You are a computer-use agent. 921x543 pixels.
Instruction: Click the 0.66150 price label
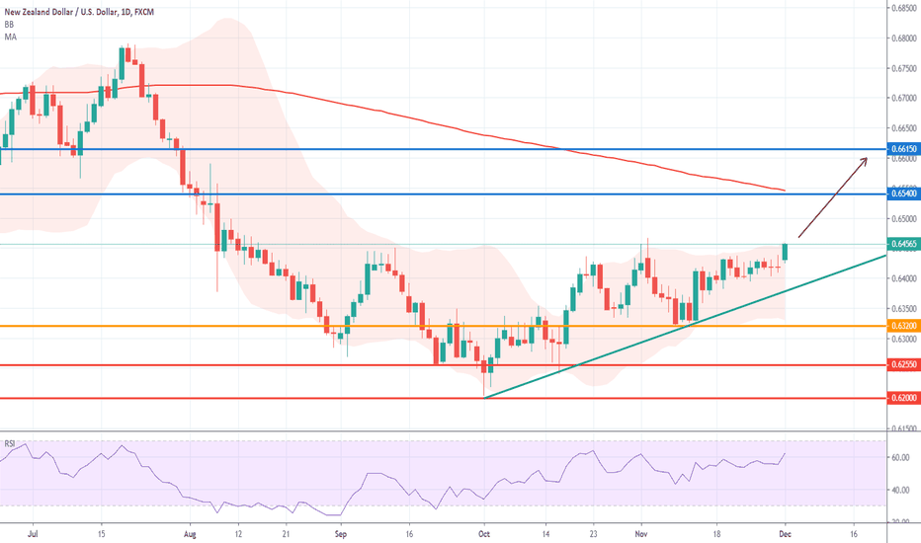coord(903,149)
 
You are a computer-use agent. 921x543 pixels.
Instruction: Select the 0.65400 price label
coord(903,194)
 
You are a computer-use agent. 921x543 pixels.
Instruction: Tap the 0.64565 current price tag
coord(903,244)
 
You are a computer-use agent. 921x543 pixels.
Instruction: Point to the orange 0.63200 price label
coord(903,325)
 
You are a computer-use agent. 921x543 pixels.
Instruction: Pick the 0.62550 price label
coord(903,364)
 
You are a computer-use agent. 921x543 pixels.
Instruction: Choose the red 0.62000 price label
coord(903,398)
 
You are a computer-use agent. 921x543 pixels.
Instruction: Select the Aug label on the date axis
coord(192,531)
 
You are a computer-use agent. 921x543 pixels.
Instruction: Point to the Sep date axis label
coord(341,531)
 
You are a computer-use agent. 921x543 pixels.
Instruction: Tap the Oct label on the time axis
coord(485,531)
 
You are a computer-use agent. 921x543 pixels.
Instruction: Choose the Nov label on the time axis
coord(639,531)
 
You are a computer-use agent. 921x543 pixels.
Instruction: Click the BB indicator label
coord(10,25)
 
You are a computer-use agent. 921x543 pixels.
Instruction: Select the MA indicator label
coord(11,37)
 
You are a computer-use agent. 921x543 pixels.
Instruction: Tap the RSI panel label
coord(11,442)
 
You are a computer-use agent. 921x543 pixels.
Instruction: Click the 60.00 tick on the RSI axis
coord(900,457)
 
